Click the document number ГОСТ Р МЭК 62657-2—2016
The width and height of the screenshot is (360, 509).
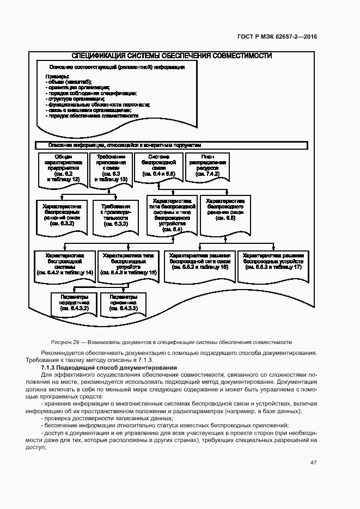coord(277,37)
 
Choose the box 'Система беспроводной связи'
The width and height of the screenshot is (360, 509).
coord(158,165)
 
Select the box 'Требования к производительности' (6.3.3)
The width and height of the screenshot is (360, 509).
coord(115,215)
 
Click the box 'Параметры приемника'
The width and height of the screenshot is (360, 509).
coord(123,304)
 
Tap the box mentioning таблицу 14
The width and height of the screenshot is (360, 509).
coord(65,264)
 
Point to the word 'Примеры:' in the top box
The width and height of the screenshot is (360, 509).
coord(57,76)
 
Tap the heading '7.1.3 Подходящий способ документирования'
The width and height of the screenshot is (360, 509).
coord(109,368)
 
